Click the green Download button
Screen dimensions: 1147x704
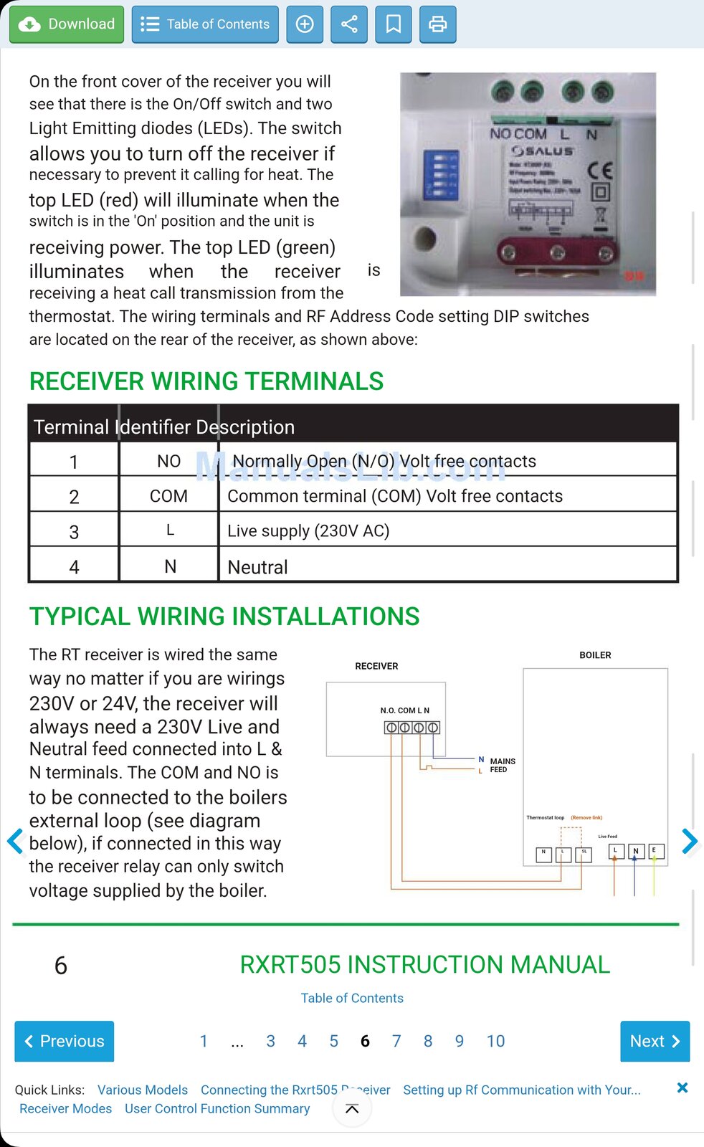click(67, 24)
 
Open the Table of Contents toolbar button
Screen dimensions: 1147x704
click(205, 24)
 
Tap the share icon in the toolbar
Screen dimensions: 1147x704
click(349, 24)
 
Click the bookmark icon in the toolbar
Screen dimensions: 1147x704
click(394, 24)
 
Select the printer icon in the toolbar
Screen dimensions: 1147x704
click(437, 24)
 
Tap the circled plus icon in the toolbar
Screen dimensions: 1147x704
click(305, 24)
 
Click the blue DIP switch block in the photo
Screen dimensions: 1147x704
click(440, 174)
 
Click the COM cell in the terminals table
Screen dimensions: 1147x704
click(168, 496)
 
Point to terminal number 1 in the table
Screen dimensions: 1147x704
click(74, 462)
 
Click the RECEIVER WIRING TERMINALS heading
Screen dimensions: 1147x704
click(206, 381)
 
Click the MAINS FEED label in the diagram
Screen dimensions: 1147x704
click(503, 766)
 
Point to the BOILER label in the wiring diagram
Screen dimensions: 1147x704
click(595, 655)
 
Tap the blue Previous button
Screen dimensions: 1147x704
click(65, 1041)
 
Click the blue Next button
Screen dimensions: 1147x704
click(655, 1041)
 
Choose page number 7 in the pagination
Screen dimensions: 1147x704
click(396, 1041)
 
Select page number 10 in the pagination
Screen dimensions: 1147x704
click(495, 1041)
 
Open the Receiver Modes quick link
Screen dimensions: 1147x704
click(66, 1108)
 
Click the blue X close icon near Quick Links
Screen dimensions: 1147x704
click(682, 1087)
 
